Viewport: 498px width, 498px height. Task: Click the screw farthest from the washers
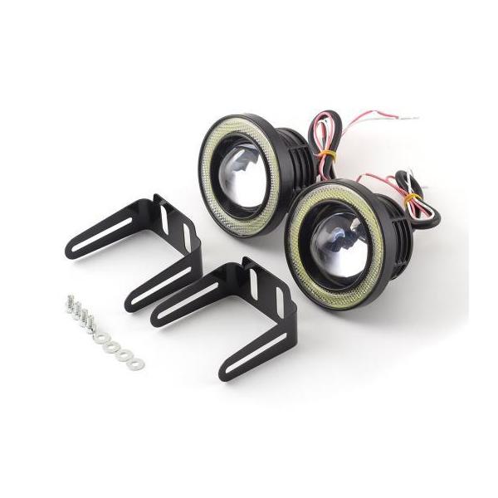(x=66, y=302)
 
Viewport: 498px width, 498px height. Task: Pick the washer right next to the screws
(x=98, y=337)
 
